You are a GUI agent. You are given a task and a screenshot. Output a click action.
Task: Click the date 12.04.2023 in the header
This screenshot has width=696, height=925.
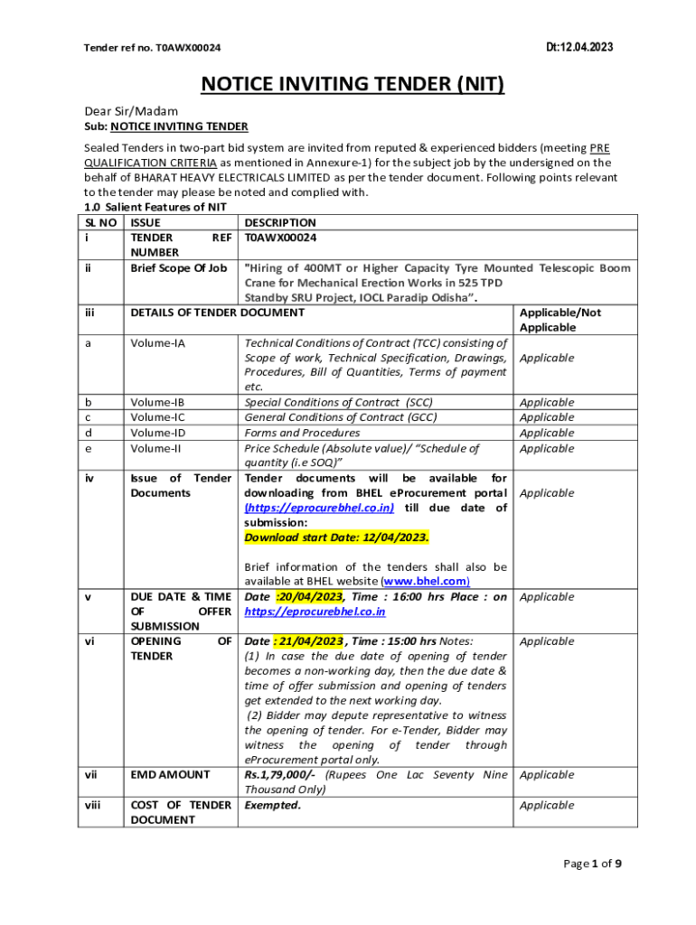(579, 47)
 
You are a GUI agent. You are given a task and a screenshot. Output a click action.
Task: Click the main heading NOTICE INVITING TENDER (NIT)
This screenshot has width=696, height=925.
(352, 84)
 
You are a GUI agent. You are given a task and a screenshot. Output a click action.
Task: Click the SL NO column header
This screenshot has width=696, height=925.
(100, 222)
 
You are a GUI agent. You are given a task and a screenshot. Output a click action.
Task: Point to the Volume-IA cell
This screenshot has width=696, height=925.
(157, 343)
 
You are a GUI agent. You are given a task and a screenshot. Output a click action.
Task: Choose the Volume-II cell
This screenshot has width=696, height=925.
(155, 448)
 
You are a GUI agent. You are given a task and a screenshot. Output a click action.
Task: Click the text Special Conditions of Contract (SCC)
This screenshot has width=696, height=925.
(339, 402)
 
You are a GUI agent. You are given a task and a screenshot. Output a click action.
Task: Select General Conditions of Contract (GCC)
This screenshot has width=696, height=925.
(341, 417)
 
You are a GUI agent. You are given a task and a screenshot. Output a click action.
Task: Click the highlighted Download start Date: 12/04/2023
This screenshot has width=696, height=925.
(337, 537)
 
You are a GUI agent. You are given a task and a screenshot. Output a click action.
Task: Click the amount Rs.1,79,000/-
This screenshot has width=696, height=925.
(279, 774)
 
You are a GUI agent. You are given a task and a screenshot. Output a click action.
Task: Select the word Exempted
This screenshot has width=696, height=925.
(272, 804)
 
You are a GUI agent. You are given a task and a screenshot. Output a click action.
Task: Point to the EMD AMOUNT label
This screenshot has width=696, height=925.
(170, 774)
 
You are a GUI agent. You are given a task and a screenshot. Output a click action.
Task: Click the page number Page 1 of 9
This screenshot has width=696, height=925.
(592, 864)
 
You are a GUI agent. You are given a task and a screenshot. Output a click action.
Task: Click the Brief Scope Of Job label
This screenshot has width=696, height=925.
(179, 267)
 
